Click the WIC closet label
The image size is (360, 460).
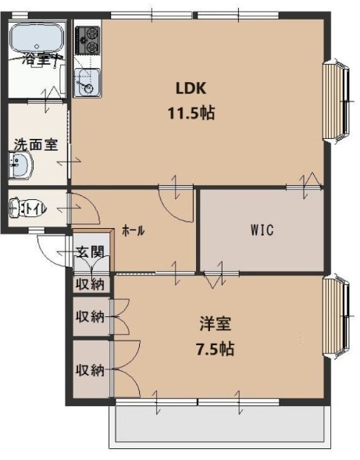[x=262, y=230]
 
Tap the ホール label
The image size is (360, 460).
[x=133, y=231]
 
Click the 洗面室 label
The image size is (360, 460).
[x=34, y=144]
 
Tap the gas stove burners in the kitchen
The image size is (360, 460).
[x=87, y=41]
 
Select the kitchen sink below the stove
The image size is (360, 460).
[x=87, y=82]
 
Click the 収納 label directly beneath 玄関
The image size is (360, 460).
[x=90, y=283]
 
